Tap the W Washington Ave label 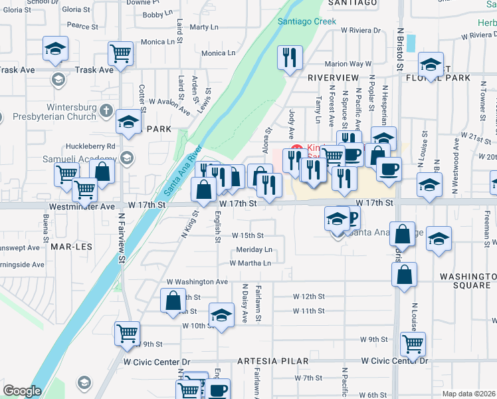[x=197, y=282]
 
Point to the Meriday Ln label [x=254, y=250]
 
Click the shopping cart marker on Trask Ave [x=120, y=53]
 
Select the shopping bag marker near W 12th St [x=173, y=301]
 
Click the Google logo [x=22, y=392]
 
